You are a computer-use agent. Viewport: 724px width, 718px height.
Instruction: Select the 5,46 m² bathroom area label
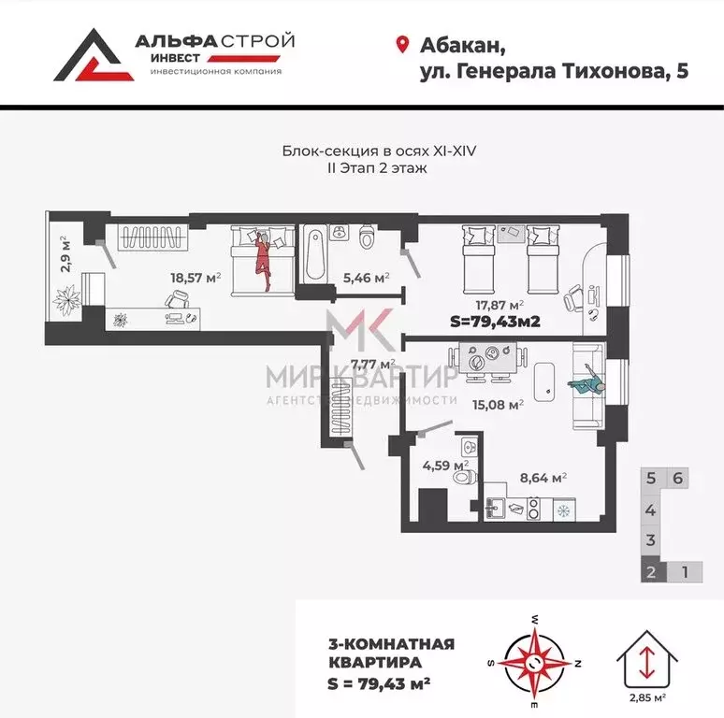tap(366, 277)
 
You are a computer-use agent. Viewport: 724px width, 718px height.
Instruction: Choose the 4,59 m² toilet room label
tap(446, 464)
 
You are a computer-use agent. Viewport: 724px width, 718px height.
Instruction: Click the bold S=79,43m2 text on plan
tap(497, 323)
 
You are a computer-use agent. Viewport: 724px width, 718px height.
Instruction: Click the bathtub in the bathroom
tap(313, 251)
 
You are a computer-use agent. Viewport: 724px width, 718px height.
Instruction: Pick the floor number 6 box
tap(679, 478)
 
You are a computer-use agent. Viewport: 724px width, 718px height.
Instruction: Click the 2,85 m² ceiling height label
tap(646, 697)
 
